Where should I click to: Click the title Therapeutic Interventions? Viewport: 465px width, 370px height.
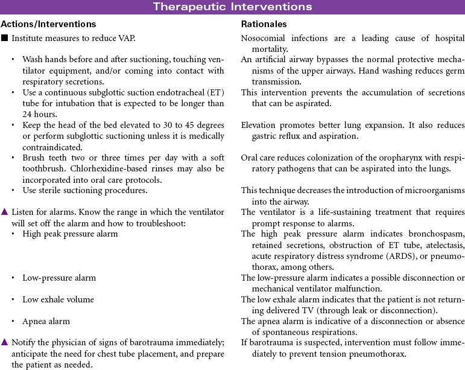[232, 7]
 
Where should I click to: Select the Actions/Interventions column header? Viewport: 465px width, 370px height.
[48, 24]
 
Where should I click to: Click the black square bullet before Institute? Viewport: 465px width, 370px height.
[4, 39]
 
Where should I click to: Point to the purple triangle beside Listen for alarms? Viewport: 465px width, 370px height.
[4, 212]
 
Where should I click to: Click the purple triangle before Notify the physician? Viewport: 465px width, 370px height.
[4, 342]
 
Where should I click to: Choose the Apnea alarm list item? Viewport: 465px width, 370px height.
[46, 321]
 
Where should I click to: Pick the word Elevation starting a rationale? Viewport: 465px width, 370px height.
[260, 125]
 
